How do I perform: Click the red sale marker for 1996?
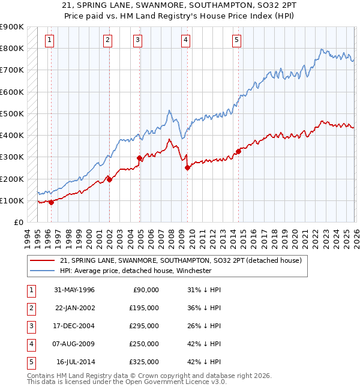(51, 202)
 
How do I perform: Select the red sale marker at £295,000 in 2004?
(140, 158)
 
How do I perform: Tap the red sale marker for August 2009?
(187, 168)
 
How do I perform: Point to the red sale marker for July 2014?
(238, 151)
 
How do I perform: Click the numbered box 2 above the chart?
(107, 40)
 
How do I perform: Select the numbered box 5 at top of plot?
(236, 40)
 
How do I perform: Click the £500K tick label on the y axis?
(12, 113)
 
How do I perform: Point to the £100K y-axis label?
(12, 200)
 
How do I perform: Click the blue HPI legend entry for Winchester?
(136, 271)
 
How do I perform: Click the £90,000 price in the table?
(146, 289)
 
